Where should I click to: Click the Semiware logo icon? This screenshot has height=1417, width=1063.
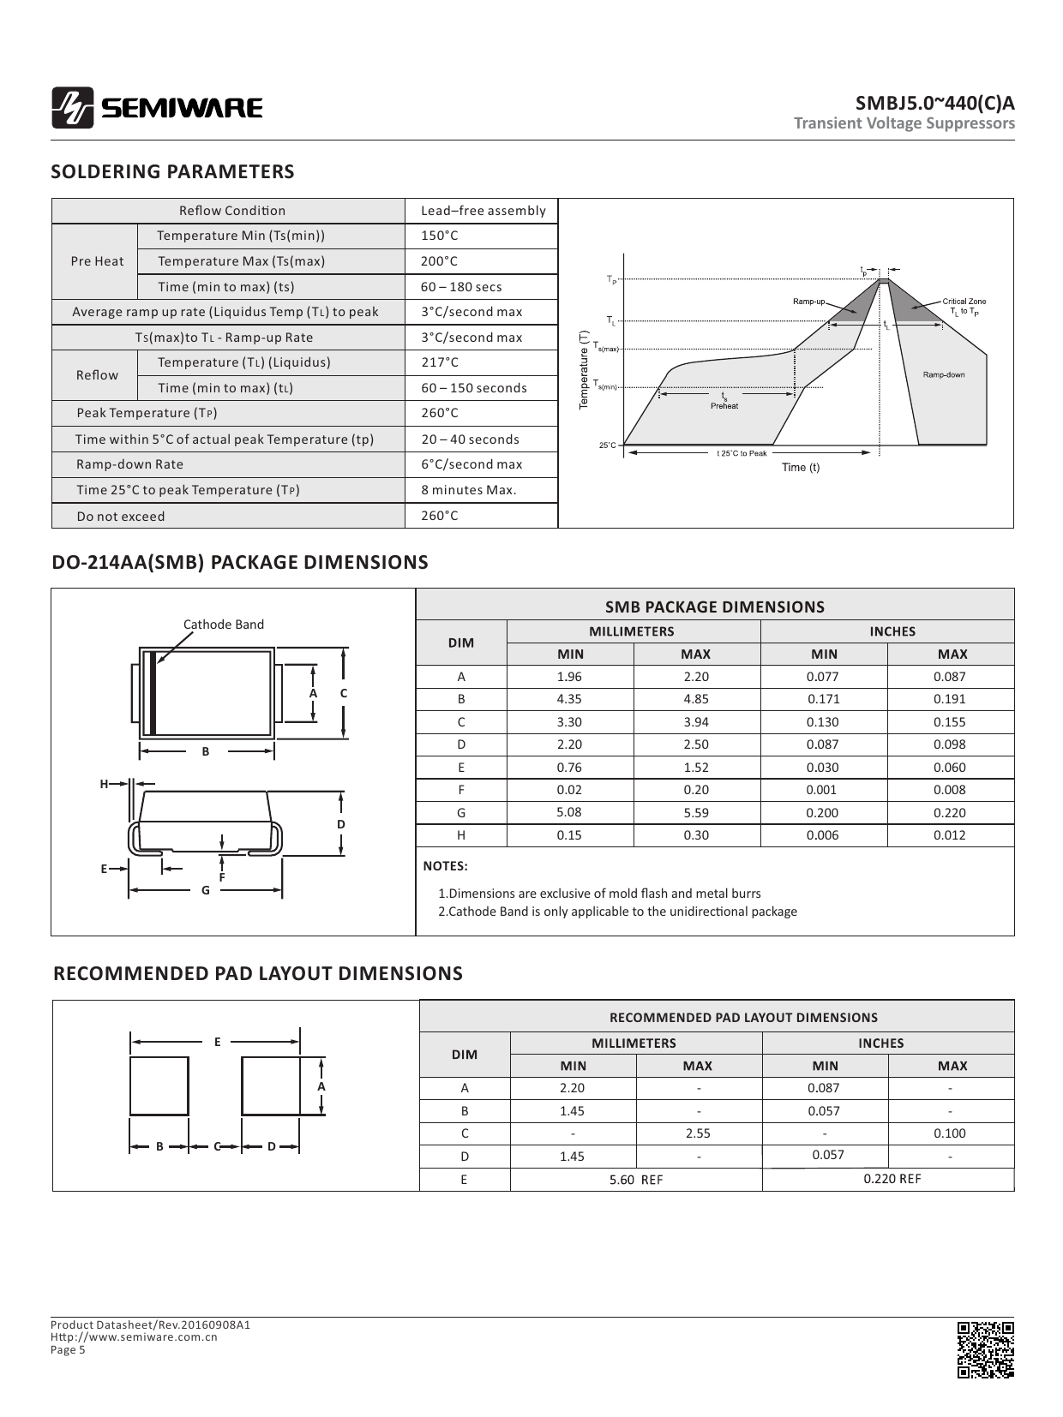(x=72, y=108)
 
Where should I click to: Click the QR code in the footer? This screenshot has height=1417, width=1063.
(x=985, y=1349)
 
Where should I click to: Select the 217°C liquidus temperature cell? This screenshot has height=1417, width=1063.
(x=440, y=362)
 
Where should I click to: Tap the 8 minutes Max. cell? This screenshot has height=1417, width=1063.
(x=468, y=490)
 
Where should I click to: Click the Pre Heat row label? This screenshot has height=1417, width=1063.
(x=97, y=261)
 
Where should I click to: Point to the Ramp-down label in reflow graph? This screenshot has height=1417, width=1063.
(x=943, y=374)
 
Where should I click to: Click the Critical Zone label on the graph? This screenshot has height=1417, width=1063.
(x=964, y=302)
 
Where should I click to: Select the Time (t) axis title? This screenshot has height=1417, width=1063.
(x=800, y=467)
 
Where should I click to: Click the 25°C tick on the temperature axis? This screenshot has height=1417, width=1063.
(x=606, y=445)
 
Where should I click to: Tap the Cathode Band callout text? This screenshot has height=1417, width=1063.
(x=223, y=625)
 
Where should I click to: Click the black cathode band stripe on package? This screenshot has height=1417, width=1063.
(x=152, y=693)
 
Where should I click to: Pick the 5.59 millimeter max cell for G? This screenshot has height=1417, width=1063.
(x=696, y=812)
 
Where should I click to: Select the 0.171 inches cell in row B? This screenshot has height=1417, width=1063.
(x=823, y=699)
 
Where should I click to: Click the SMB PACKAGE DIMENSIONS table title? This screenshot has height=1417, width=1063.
(x=714, y=607)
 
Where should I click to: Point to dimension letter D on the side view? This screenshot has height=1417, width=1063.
(x=340, y=824)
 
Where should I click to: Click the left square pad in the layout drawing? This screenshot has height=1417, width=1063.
(x=159, y=1085)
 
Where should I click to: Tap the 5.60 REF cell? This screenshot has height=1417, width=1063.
(x=635, y=1180)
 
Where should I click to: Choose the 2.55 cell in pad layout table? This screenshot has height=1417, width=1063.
(x=698, y=1133)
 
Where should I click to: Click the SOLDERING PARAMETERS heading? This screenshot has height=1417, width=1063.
(x=172, y=171)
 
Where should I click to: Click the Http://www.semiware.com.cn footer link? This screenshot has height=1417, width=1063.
(x=134, y=1336)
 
